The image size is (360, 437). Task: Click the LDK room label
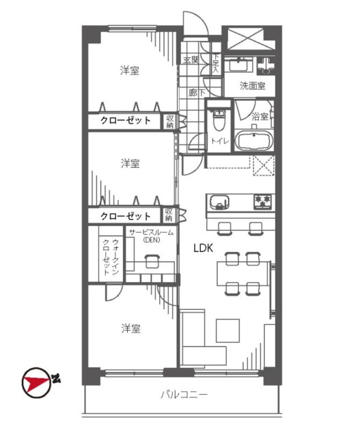tap(204, 248)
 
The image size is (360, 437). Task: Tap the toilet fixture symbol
tap(219, 120)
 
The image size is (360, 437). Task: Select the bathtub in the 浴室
tap(253, 141)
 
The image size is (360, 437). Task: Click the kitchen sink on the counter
tap(220, 202)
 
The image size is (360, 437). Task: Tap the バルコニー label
tap(184, 395)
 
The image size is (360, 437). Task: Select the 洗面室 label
tap(253, 85)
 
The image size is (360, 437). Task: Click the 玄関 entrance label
tap(191, 59)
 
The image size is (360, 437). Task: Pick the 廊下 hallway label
tap(197, 92)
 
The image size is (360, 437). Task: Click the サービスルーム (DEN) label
tap(152, 236)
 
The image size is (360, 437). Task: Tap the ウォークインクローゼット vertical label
tap(111, 257)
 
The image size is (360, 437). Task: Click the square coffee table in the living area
tap(228, 330)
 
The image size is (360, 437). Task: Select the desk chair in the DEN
tap(152, 262)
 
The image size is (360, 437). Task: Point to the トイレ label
tap(220, 141)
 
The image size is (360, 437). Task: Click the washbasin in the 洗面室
tap(238, 66)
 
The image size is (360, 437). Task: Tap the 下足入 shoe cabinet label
tap(216, 64)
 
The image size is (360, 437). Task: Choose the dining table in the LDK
tap(243, 273)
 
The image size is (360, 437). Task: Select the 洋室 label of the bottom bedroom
tap(130, 328)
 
